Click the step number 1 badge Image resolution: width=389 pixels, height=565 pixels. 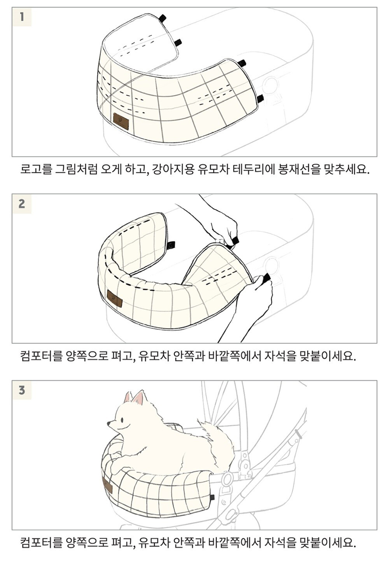pos(22,17)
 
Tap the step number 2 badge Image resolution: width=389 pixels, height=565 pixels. pos(22,204)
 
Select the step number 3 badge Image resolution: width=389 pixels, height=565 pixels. pos(22,391)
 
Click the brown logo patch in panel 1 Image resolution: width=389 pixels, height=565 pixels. pos(121,121)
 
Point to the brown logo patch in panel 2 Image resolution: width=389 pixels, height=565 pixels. pos(115,299)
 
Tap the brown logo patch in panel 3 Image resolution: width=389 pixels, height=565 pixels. pos(108,486)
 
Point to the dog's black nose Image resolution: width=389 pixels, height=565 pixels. pos(108,422)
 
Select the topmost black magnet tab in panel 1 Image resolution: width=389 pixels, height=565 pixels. pos(162,18)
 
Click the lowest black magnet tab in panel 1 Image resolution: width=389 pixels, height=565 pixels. pos(260,98)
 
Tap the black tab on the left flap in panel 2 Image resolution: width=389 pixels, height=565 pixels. pos(171,245)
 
